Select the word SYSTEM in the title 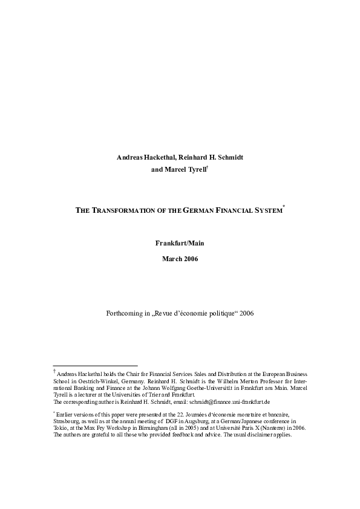(267, 210)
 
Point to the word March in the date (172, 259)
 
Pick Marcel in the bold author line (174, 170)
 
